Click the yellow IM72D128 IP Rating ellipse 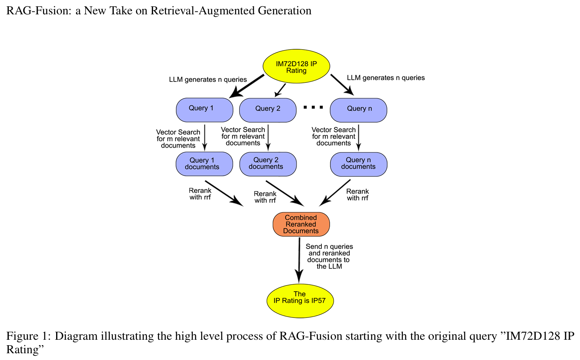pyautogui.click(x=296, y=68)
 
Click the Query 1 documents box pyautogui.click(x=204, y=164)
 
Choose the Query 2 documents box pyautogui.click(x=268, y=164)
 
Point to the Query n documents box pyautogui.click(x=359, y=164)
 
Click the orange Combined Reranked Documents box pyautogui.click(x=301, y=225)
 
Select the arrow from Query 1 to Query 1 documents pyautogui.click(x=205, y=137)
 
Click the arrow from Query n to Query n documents pyautogui.click(x=359, y=137)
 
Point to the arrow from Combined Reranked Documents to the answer pyautogui.click(x=299, y=260)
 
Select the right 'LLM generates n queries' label pyautogui.click(x=386, y=78)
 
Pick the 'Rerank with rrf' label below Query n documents pyautogui.click(x=357, y=195)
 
